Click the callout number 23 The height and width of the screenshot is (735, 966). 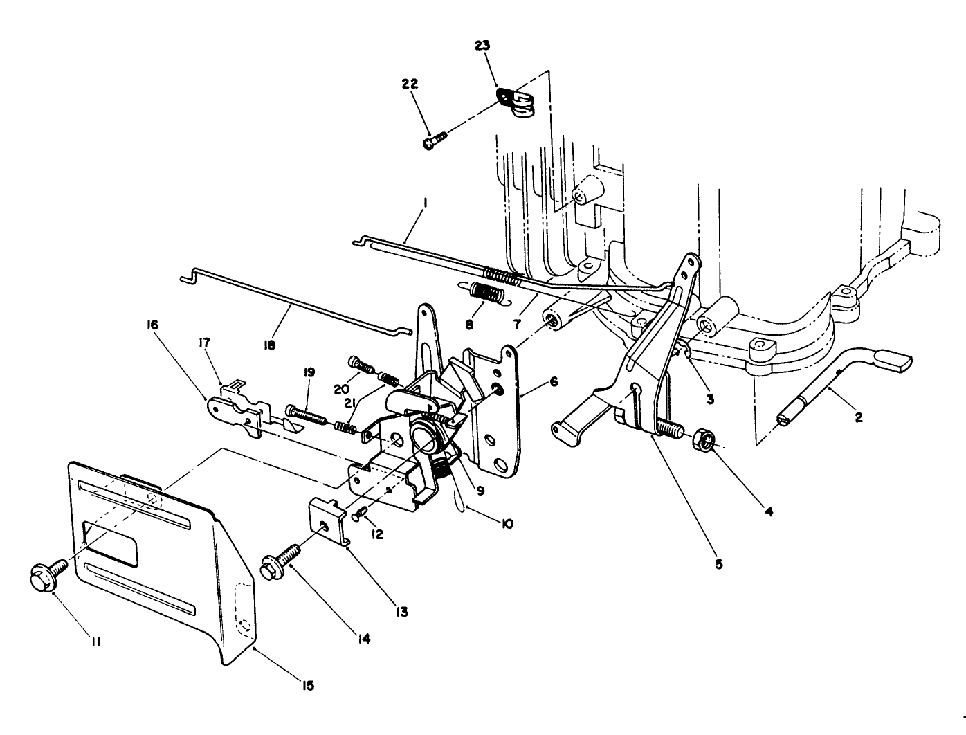click(x=482, y=45)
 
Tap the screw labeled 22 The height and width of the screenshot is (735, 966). click(x=432, y=141)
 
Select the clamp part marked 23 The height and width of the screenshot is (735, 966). click(x=516, y=102)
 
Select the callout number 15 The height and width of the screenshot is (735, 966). click(x=308, y=685)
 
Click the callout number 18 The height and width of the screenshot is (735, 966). click(x=270, y=345)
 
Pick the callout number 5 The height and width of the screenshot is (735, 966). click(x=718, y=564)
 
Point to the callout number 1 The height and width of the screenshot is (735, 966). click(x=426, y=203)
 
